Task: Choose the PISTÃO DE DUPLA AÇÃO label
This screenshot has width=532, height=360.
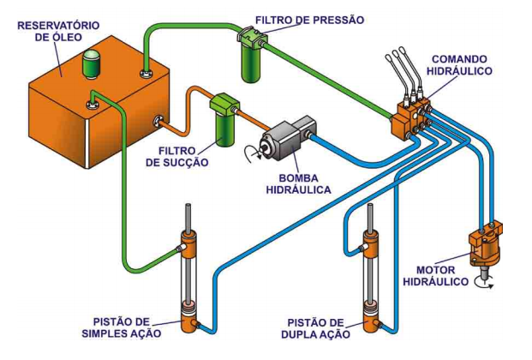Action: point(319,328)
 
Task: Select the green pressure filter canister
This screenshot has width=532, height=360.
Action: point(253,56)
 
